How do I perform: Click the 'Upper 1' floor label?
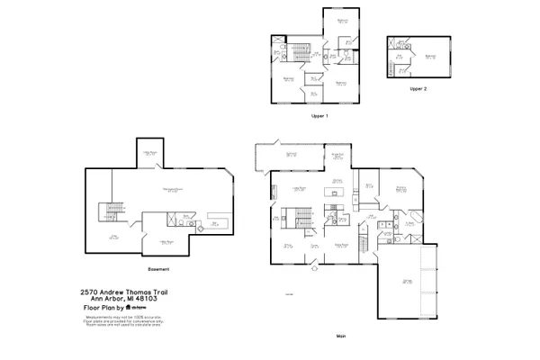(x=319, y=115)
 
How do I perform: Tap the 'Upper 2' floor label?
(x=417, y=90)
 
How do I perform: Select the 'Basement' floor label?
(x=158, y=269)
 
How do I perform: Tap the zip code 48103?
(x=134, y=300)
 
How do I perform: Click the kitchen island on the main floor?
(x=337, y=191)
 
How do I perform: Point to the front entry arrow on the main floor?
(x=314, y=268)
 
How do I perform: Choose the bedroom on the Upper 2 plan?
(x=430, y=56)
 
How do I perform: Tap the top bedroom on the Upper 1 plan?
(x=342, y=22)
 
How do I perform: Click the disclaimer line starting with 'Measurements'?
(x=116, y=316)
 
